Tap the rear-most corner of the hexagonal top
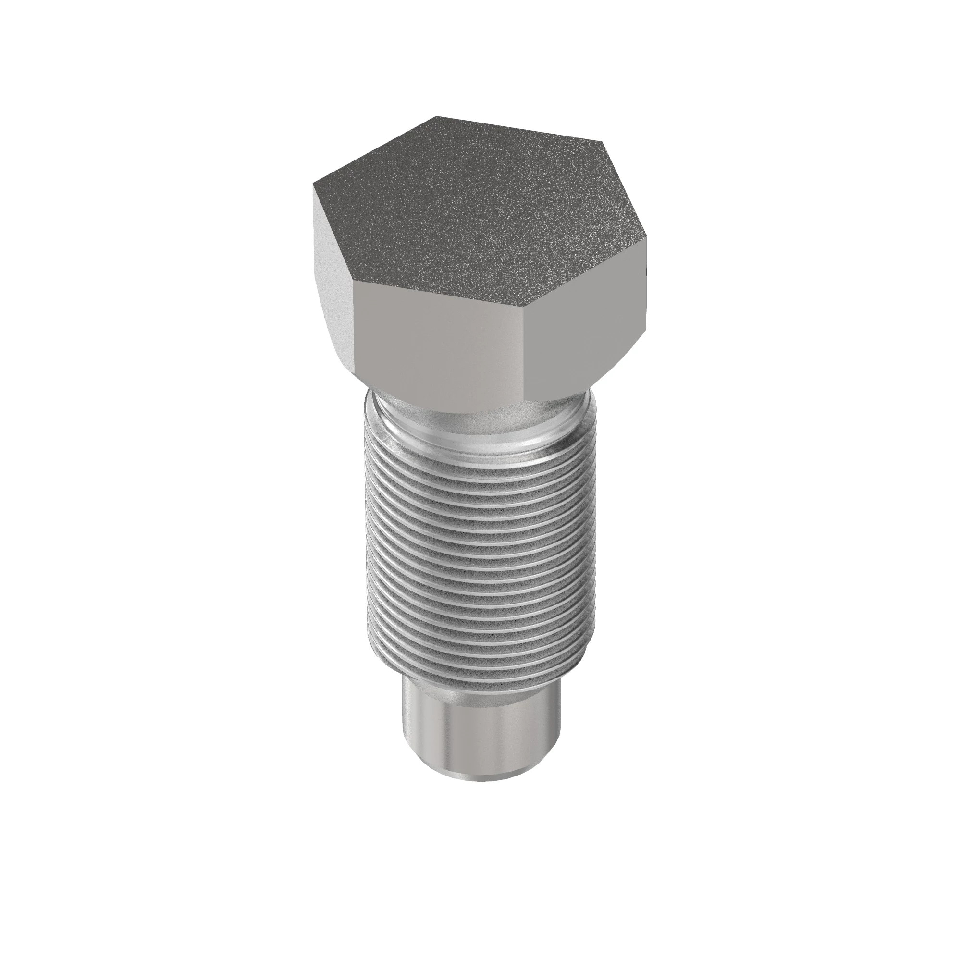pos(437,117)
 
